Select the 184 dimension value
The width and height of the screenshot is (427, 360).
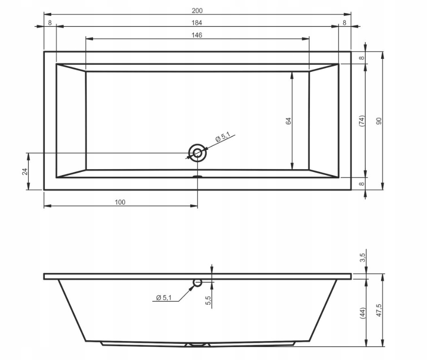coord(197,23)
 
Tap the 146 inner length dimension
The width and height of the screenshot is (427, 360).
coord(197,35)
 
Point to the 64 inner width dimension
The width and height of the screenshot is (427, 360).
coord(289,121)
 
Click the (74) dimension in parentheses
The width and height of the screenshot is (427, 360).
coord(362,121)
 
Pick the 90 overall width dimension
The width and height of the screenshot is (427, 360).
coord(379,121)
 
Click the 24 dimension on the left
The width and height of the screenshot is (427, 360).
coord(25,172)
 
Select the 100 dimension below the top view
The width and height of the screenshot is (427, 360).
coord(120,202)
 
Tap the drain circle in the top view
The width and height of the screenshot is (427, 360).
coord(197,153)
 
